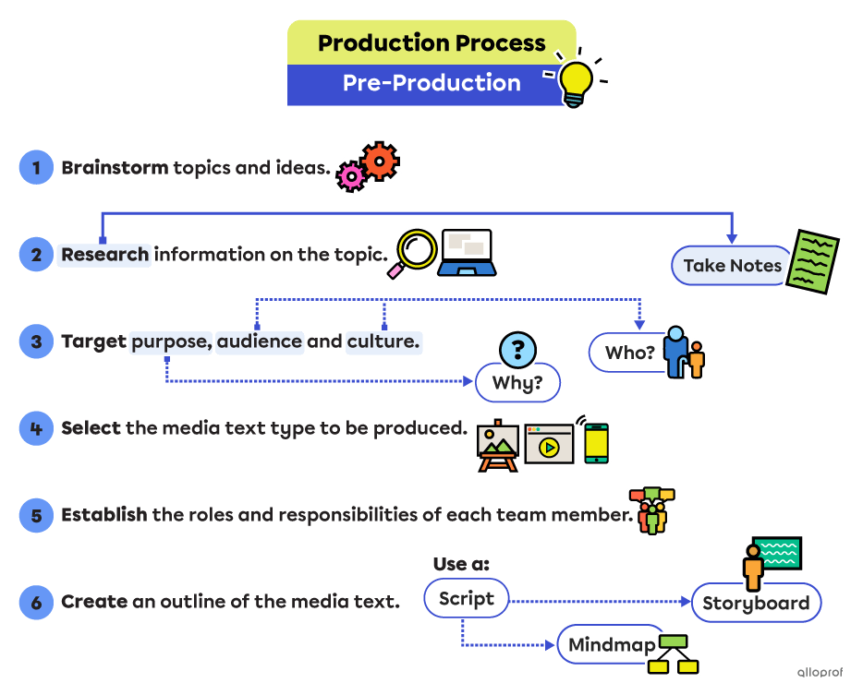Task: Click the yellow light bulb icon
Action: [577, 82]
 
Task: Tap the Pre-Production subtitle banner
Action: [431, 84]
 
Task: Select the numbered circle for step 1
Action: [36, 168]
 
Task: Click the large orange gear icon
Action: [379, 161]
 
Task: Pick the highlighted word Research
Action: [105, 255]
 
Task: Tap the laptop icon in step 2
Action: [468, 252]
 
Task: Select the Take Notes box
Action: [732, 266]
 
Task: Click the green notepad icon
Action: [813, 262]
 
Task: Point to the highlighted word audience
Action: [260, 342]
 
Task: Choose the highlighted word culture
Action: [383, 342]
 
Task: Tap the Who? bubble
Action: [629, 353]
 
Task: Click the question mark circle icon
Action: [517, 349]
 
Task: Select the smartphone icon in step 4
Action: [596, 444]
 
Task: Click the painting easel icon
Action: [498, 448]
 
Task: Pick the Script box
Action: [466, 598]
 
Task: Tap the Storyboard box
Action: [755, 604]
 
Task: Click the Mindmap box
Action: [611, 644]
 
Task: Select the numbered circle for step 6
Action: [36, 602]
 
